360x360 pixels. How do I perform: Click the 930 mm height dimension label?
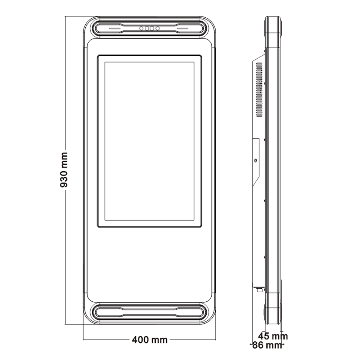click(64, 170)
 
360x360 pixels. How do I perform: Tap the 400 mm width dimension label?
click(149, 339)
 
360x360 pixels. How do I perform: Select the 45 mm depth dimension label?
click(273, 336)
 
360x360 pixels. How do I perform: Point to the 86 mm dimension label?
click(267, 345)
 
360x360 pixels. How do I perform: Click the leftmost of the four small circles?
click(141, 28)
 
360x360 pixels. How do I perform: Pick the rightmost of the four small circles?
click(158, 28)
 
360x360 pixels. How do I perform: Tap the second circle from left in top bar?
click(147, 28)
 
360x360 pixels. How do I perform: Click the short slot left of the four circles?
click(114, 28)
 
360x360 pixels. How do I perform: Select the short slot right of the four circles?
click(182, 28)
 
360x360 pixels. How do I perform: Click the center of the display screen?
click(149, 141)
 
